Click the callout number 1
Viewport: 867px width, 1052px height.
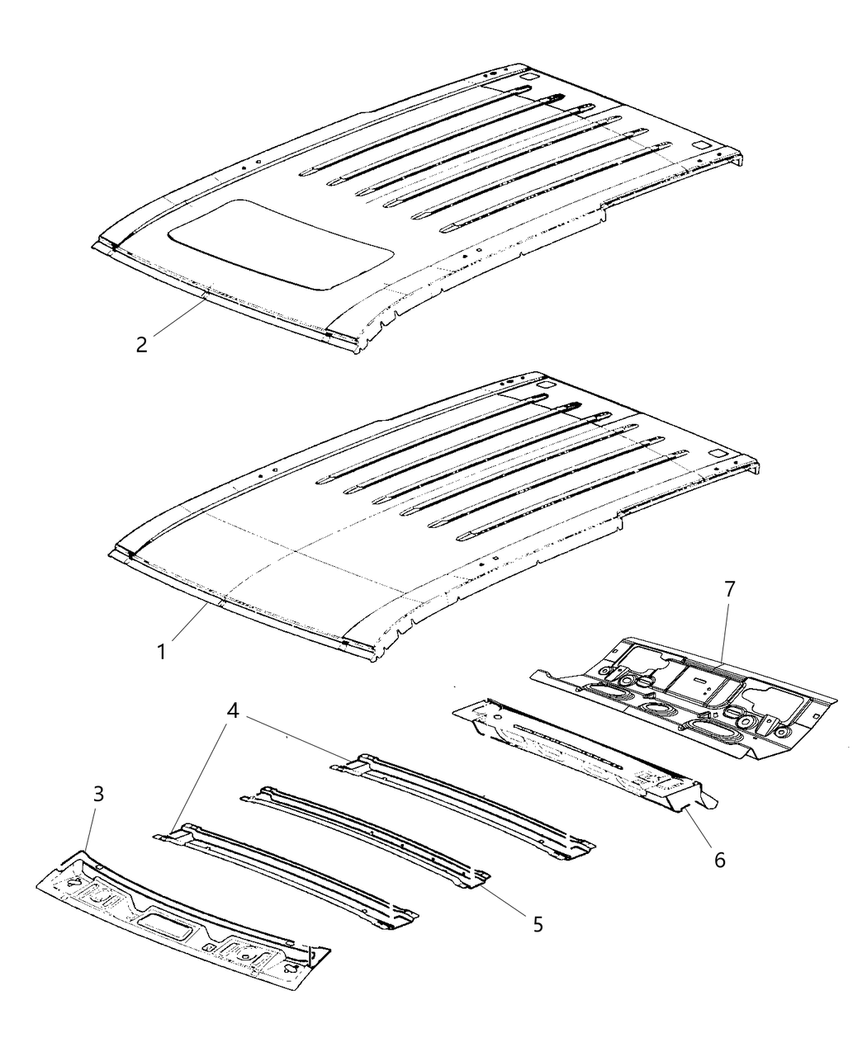[x=162, y=651]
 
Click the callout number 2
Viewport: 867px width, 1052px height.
[x=142, y=344]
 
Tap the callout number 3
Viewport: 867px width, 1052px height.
[x=98, y=795]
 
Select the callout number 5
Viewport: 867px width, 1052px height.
[x=538, y=925]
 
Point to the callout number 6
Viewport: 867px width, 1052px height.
[x=719, y=860]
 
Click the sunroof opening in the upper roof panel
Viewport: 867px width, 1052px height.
[x=281, y=243]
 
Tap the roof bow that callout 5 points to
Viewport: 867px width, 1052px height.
[x=363, y=833]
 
